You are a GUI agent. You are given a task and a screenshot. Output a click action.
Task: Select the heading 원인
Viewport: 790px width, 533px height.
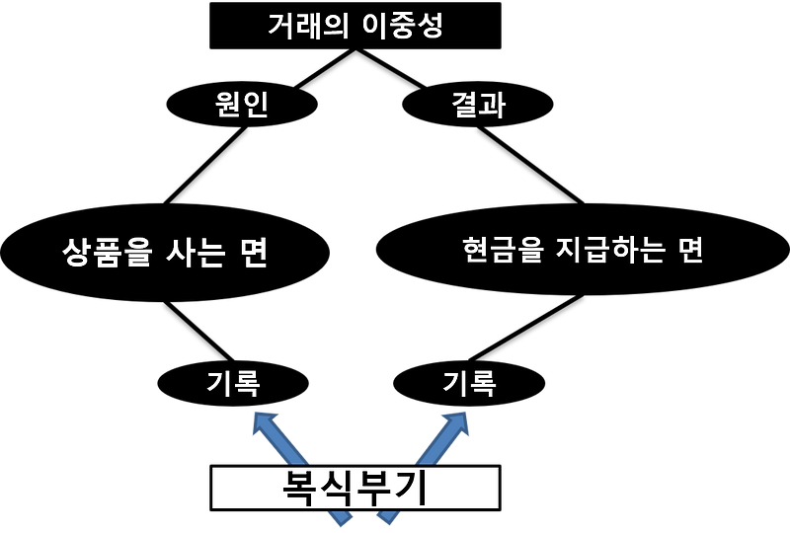pos(242,105)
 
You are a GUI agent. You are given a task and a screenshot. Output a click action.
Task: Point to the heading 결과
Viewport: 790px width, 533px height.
pos(478,105)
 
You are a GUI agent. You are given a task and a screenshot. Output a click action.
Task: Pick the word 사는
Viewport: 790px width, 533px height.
pos(194,253)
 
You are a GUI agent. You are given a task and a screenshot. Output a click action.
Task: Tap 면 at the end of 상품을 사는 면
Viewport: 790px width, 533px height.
pos(254,253)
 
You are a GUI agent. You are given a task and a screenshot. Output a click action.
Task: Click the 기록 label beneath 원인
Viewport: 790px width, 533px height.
pos(234,383)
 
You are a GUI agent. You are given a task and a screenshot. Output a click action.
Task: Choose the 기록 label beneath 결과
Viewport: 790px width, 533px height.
pos(469,383)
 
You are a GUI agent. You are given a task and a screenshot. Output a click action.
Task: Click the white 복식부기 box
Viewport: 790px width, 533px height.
pos(355,488)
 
